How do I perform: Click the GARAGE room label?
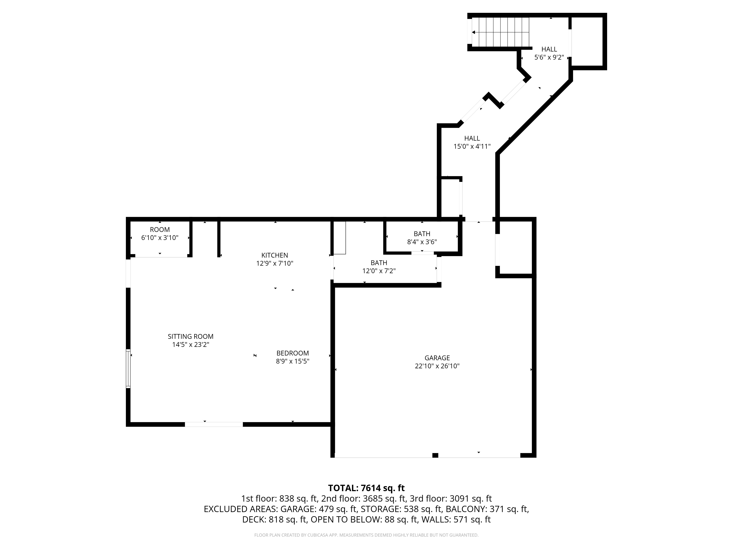[x=437, y=358]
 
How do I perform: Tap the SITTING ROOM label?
[x=191, y=336]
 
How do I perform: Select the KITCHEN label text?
[x=275, y=255]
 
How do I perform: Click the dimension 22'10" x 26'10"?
[x=437, y=366]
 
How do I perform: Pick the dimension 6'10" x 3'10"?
[x=160, y=238]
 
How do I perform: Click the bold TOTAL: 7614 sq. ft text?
[x=366, y=488]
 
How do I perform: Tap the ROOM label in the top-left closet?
[x=160, y=230]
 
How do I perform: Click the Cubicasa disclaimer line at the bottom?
[x=366, y=535]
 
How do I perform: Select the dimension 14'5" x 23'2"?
[x=191, y=345]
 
